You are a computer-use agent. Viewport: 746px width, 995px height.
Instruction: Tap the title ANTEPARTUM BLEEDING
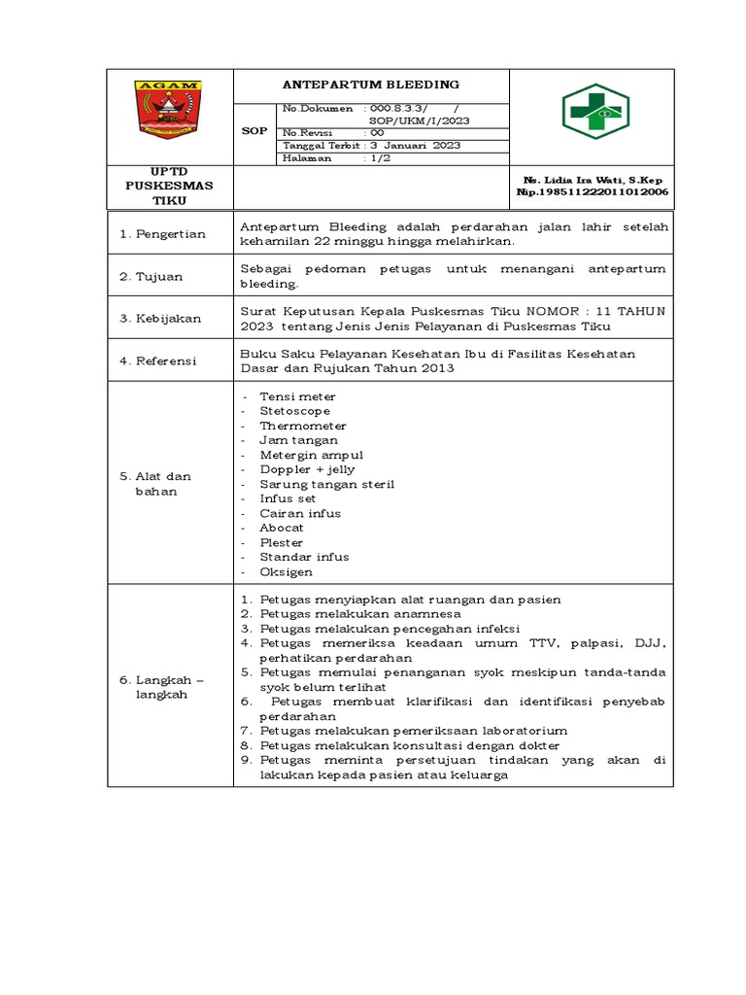coord(371,85)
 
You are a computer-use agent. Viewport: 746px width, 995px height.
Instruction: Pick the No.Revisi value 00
coord(377,132)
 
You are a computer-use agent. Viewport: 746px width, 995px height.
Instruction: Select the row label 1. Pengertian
coord(162,234)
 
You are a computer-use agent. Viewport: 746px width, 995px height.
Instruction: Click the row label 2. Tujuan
coord(152,277)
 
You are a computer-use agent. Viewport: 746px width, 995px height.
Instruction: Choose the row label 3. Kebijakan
coord(160,319)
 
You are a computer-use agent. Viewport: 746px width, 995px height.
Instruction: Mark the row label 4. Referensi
coord(159,360)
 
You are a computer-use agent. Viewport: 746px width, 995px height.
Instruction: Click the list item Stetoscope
coord(294,411)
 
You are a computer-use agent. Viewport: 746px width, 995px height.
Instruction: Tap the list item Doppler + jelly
coord(307,469)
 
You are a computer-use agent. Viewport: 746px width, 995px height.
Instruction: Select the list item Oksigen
coord(286,571)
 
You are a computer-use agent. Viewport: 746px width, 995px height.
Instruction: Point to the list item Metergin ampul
coord(311,455)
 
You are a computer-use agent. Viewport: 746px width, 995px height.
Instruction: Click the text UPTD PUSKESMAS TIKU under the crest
coord(169,186)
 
